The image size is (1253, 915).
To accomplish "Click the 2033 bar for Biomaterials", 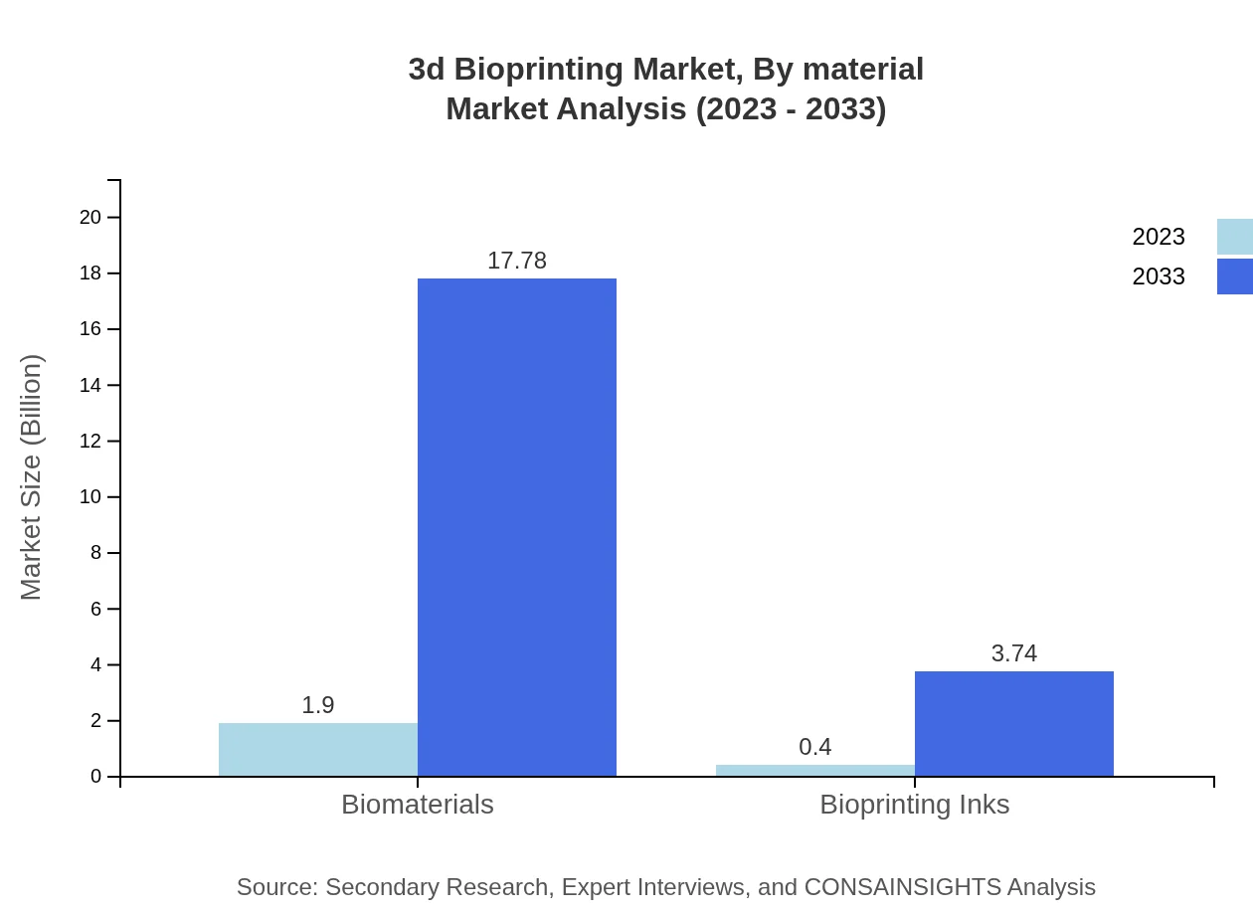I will pos(517,527).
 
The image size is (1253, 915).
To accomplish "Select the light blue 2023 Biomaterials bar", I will pos(318,750).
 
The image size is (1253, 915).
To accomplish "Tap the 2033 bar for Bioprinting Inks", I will pos(1014,724).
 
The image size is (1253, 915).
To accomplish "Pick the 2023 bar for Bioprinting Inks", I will pos(815,771).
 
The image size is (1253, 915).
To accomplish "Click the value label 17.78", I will pos(517,261).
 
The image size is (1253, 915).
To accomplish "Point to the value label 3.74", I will pos(1014,653).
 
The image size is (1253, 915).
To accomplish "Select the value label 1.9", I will pos(318,705).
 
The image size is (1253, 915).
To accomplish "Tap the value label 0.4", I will pos(815,747).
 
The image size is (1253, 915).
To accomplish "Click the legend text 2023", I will pos(1159,237).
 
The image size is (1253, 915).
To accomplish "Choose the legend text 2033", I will pos(1159,276).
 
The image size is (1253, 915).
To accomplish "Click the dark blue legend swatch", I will pos(1235,276).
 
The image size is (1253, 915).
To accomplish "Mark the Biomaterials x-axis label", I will pos(418,805).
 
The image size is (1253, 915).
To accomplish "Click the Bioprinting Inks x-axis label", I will pos(915,805).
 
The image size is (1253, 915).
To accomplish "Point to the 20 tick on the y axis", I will pos(91,217).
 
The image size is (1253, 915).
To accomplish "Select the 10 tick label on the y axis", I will pos(91,497).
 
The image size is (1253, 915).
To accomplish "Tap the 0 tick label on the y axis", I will pos(96,777).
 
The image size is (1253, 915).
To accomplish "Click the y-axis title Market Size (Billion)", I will pos(31,477).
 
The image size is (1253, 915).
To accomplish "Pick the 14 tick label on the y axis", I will pos(91,385).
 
